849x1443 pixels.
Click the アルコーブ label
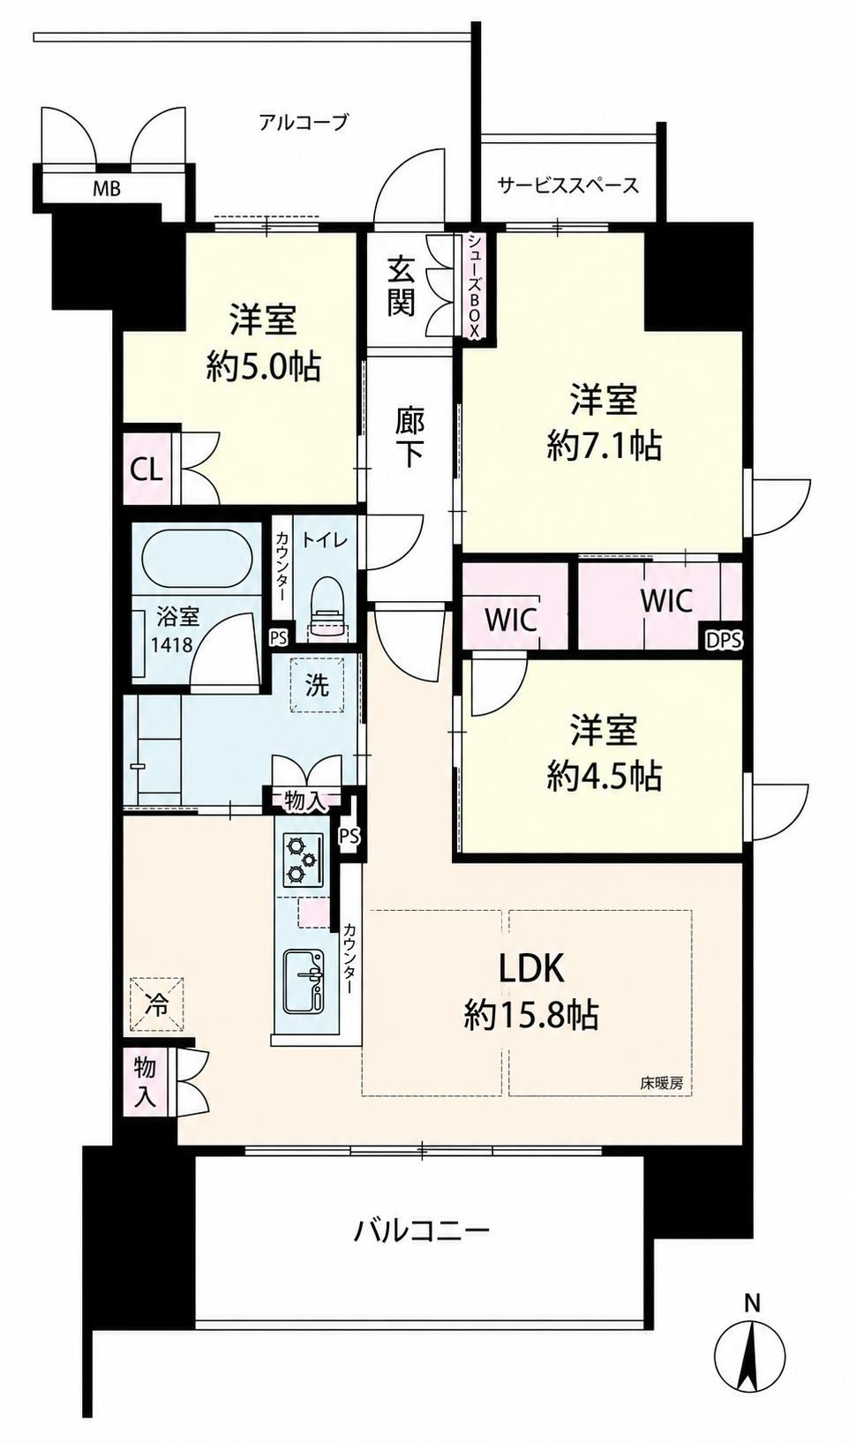click(x=304, y=121)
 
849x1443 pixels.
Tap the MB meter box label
click(x=107, y=189)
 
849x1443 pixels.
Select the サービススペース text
click(x=568, y=185)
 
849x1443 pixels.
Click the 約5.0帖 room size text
click(x=264, y=368)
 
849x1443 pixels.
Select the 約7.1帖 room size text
click(x=604, y=445)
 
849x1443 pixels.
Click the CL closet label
click(x=147, y=471)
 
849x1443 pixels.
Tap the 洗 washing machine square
click(x=316, y=685)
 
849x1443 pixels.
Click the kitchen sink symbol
click(x=303, y=981)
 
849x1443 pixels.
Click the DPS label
click(x=724, y=641)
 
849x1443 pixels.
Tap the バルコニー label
click(x=422, y=1232)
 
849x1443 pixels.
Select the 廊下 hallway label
click(x=409, y=438)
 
